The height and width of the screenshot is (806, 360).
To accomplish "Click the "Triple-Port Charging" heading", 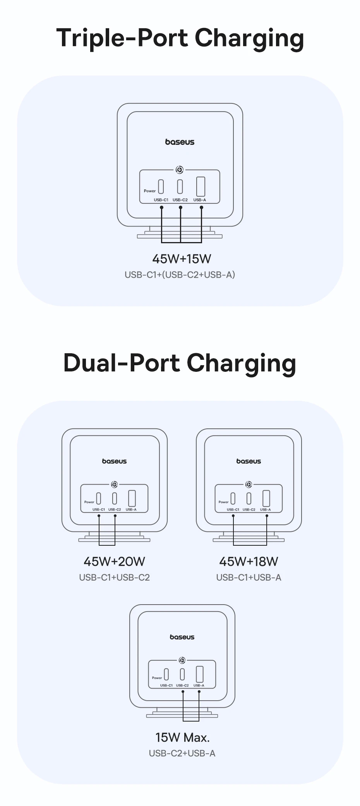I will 180,38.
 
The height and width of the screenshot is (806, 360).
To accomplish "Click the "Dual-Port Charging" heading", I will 180,363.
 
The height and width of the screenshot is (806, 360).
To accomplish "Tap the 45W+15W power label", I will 182,258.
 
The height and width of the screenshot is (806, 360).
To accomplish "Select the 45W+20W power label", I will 114,561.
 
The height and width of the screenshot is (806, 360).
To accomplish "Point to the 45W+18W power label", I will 249,561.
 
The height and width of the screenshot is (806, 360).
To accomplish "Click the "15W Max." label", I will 182,737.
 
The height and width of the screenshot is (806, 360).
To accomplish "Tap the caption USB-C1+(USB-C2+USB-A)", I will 180,275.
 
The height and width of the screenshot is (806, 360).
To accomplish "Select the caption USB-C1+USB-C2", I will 114,577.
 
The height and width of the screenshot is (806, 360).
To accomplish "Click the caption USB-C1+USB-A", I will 249,577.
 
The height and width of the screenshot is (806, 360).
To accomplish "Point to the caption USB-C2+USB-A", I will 182,753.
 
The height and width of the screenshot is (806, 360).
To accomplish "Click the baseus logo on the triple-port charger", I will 180,142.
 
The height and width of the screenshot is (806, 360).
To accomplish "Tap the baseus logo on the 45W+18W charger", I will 249,461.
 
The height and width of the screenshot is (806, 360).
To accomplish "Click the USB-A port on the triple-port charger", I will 201,187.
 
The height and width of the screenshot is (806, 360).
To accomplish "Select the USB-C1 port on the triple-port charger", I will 161,187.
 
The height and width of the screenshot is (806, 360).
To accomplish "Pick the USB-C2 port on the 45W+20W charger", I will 115,498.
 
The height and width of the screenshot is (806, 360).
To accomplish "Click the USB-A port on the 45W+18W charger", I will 266,498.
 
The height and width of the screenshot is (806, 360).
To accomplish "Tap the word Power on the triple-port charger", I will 150,191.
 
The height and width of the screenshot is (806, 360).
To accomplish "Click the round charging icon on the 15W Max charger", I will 182,660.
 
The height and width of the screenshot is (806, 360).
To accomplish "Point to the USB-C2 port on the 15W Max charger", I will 182,674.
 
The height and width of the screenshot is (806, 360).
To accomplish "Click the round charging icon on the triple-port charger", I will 179,170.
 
